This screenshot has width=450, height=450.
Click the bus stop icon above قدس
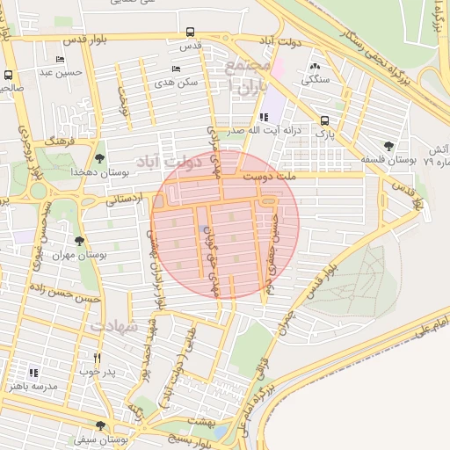(x=191, y=33)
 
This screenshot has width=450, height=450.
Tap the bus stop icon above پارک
(x=324, y=121)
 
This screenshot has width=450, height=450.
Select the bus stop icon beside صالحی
(x=8, y=76)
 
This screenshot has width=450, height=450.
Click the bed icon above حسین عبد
(x=60, y=60)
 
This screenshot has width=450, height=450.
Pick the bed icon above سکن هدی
(x=177, y=69)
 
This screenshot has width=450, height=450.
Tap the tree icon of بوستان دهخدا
(x=98, y=158)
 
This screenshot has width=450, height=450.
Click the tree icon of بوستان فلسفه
(x=388, y=146)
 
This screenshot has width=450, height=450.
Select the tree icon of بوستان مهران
(x=80, y=240)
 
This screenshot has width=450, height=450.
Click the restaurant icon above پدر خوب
(x=98, y=359)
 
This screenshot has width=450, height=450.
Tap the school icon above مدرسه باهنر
(x=34, y=373)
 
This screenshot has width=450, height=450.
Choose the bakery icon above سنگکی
(x=315, y=66)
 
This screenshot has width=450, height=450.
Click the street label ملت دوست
(x=326, y=176)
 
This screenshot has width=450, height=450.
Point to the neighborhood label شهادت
(x=115, y=326)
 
